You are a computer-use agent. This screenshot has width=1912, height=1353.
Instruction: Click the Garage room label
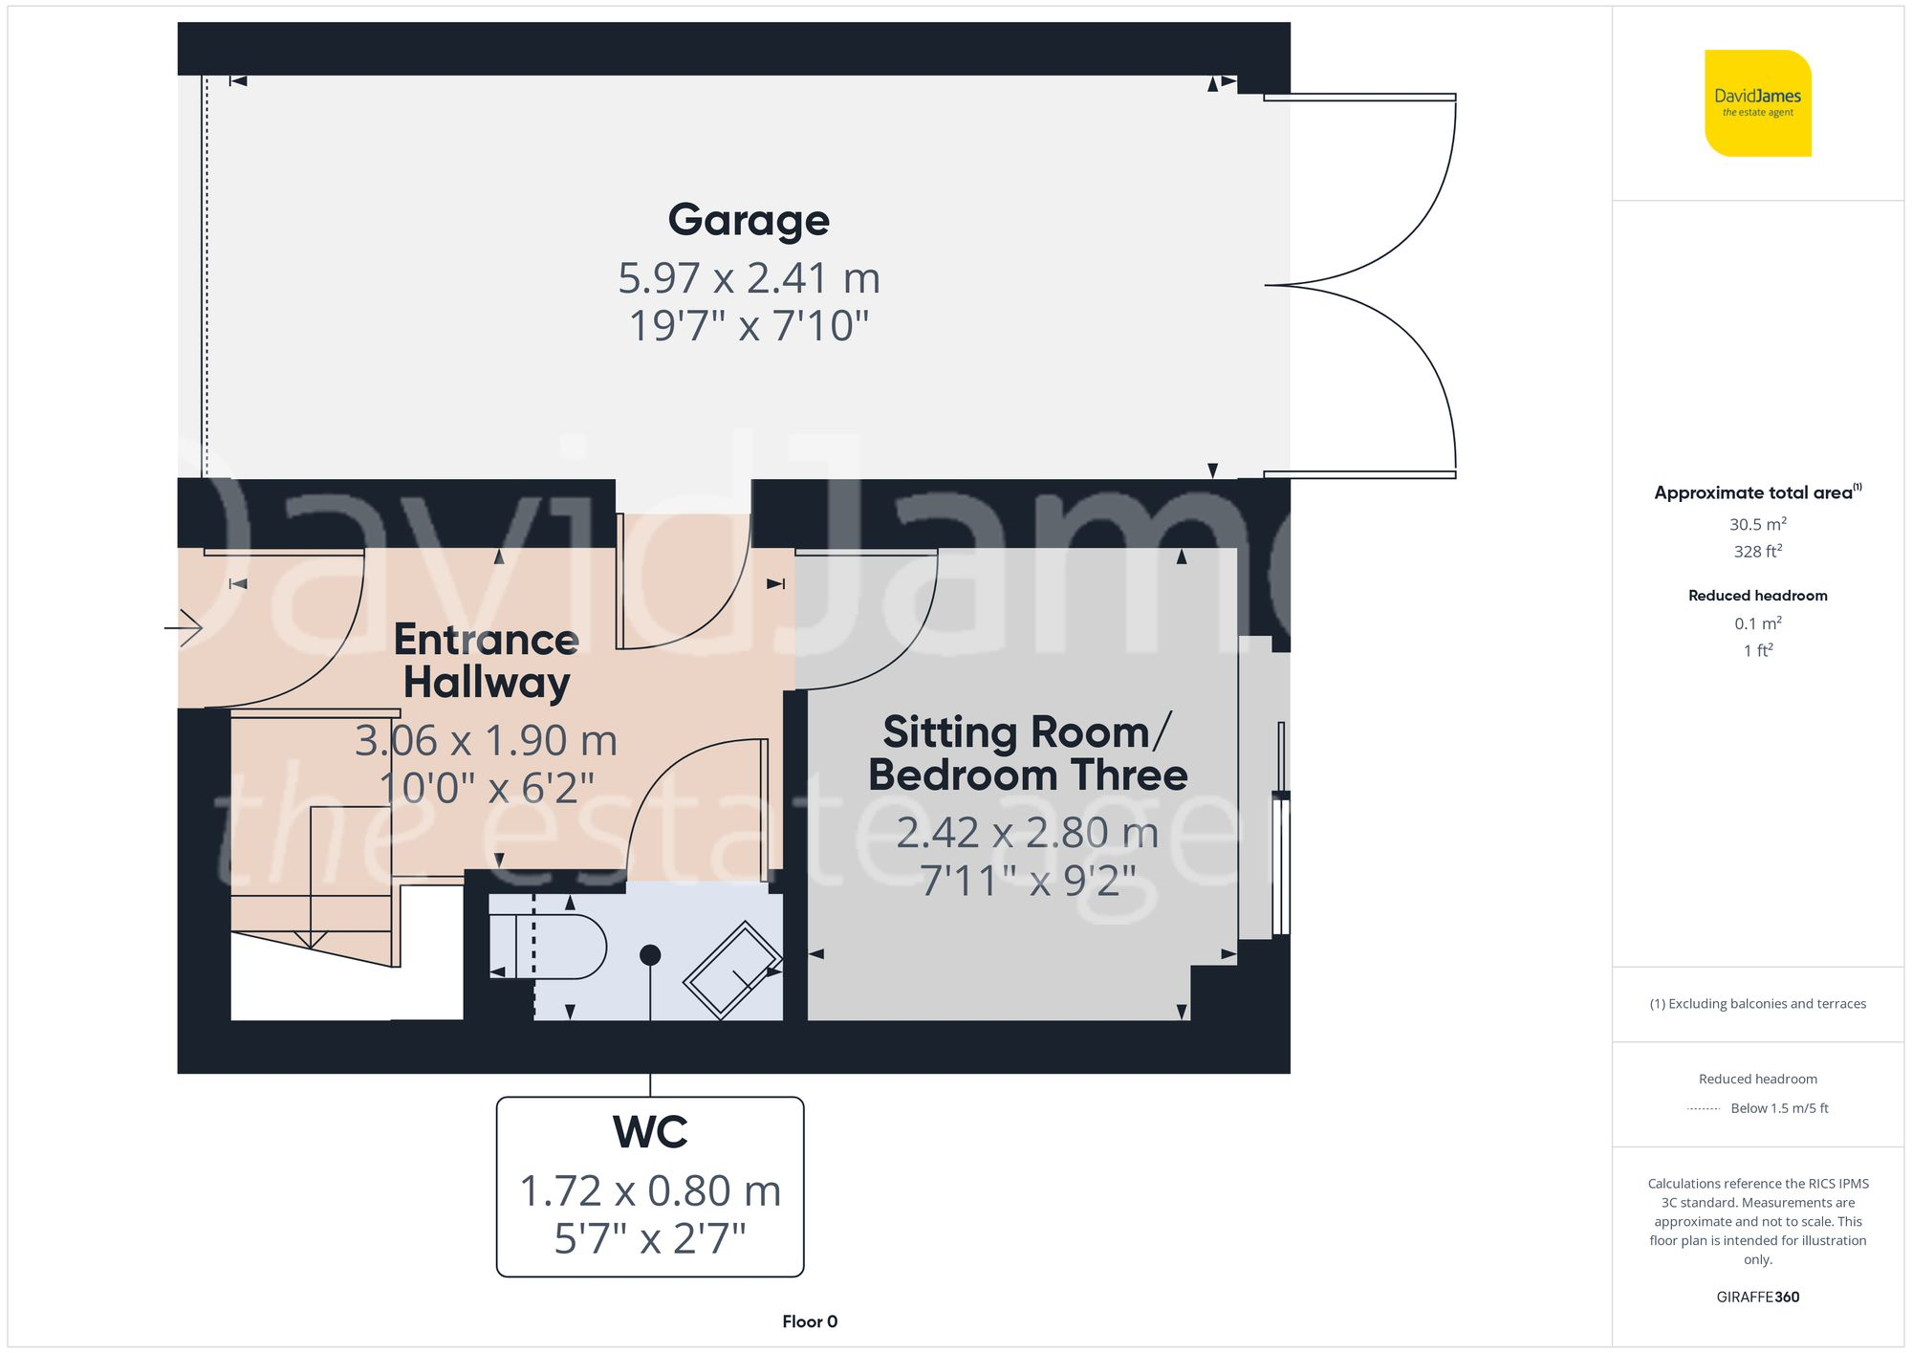pyautogui.click(x=749, y=220)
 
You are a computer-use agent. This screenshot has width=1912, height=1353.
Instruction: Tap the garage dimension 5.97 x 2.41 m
pyautogui.click(x=749, y=278)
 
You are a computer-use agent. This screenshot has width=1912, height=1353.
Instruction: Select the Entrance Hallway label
pyautogui.click(x=487, y=661)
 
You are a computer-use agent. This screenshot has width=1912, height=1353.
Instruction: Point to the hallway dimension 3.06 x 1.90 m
pyautogui.click(x=487, y=741)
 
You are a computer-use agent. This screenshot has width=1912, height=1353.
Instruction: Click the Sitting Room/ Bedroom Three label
pyautogui.click(x=1028, y=753)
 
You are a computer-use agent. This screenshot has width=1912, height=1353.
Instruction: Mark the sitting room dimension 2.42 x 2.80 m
pyautogui.click(x=1028, y=833)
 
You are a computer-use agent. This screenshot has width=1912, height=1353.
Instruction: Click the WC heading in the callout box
pyautogui.click(x=650, y=1132)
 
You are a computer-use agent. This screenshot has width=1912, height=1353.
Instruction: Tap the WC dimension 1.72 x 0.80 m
pyautogui.click(x=650, y=1191)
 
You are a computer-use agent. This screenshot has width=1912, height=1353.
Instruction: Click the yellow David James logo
pyautogui.click(x=1757, y=103)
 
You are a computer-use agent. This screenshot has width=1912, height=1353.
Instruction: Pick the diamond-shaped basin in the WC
pyautogui.click(x=731, y=970)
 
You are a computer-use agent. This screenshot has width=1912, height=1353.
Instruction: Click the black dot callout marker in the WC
pyautogui.click(x=650, y=954)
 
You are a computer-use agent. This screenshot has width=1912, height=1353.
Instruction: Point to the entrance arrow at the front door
pyautogui.click(x=184, y=628)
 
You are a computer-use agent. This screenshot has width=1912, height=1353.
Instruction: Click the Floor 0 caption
pyautogui.click(x=810, y=1321)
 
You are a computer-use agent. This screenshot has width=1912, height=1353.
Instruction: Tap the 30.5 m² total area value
pyautogui.click(x=1757, y=524)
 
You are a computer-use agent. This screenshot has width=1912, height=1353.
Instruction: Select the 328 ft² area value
pyautogui.click(x=1757, y=552)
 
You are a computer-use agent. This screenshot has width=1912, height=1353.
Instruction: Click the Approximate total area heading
pyautogui.click(x=1757, y=492)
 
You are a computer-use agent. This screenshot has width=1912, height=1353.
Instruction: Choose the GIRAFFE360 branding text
pyautogui.click(x=1757, y=1298)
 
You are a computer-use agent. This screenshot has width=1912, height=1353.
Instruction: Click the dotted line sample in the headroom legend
pyautogui.click(x=1704, y=1109)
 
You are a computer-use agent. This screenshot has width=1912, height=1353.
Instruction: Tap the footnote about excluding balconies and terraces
pyautogui.click(x=1757, y=1004)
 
